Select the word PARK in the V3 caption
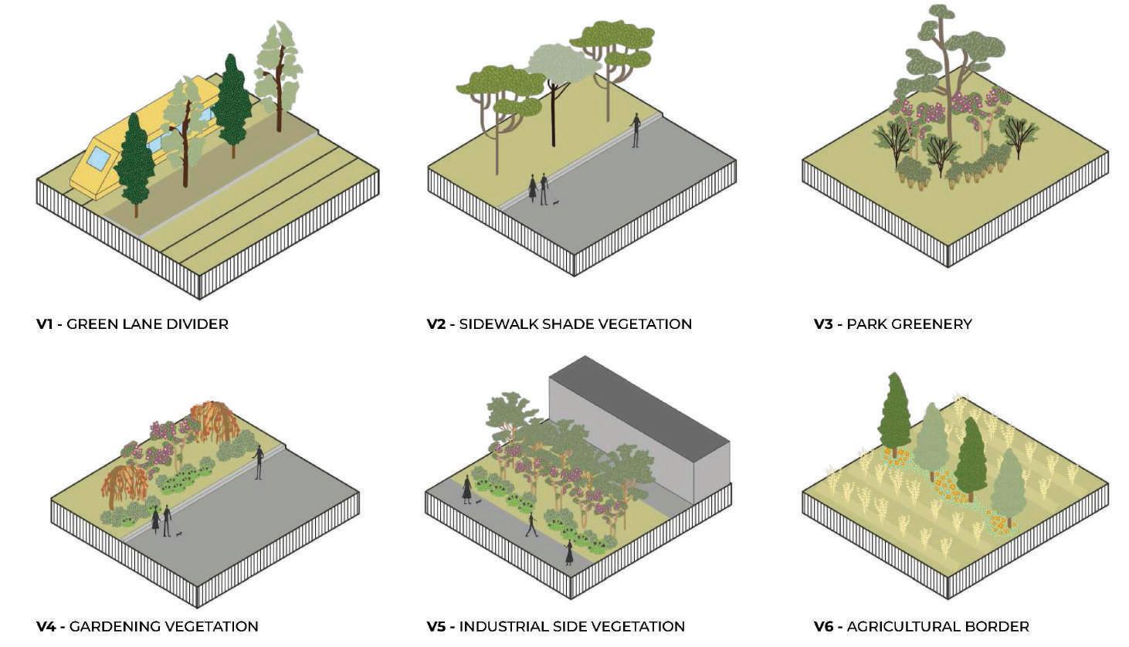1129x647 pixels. click(865, 324)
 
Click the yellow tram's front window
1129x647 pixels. click(98, 158)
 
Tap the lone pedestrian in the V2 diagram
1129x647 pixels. click(636, 130)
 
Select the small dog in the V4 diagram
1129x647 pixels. click(179, 534)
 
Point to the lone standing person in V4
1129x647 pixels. click(259, 462)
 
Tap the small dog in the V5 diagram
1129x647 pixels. click(480, 501)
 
